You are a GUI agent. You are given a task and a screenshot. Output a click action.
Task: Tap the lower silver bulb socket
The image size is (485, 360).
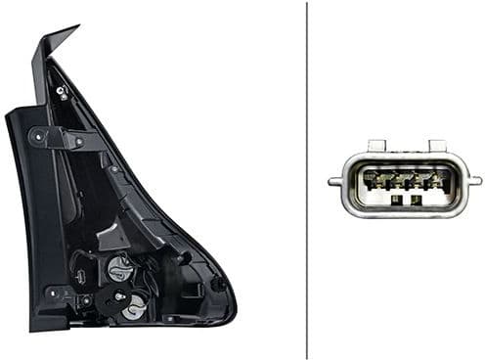point(136,304)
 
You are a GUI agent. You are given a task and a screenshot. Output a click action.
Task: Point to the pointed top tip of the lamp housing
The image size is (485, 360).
point(74,29)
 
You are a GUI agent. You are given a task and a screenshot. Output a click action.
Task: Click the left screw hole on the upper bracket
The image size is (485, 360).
point(40,133)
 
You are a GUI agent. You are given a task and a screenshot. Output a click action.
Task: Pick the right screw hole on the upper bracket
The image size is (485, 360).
point(77,141)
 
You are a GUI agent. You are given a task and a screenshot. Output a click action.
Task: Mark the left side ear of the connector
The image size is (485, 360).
point(335,181)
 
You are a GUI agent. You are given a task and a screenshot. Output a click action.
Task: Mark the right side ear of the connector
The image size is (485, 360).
point(474,180)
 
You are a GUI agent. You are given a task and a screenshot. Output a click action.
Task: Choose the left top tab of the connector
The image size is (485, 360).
point(376,146)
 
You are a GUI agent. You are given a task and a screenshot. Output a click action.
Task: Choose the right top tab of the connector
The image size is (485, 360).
point(436,146)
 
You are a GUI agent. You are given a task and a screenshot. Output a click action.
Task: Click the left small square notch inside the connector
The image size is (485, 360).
point(396,200)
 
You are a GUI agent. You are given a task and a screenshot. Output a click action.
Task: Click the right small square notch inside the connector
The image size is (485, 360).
point(417,200)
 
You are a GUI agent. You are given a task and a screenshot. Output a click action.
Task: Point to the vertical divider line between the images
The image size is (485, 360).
point(307,180)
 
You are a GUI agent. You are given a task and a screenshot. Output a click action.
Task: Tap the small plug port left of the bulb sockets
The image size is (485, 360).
point(83,277)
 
